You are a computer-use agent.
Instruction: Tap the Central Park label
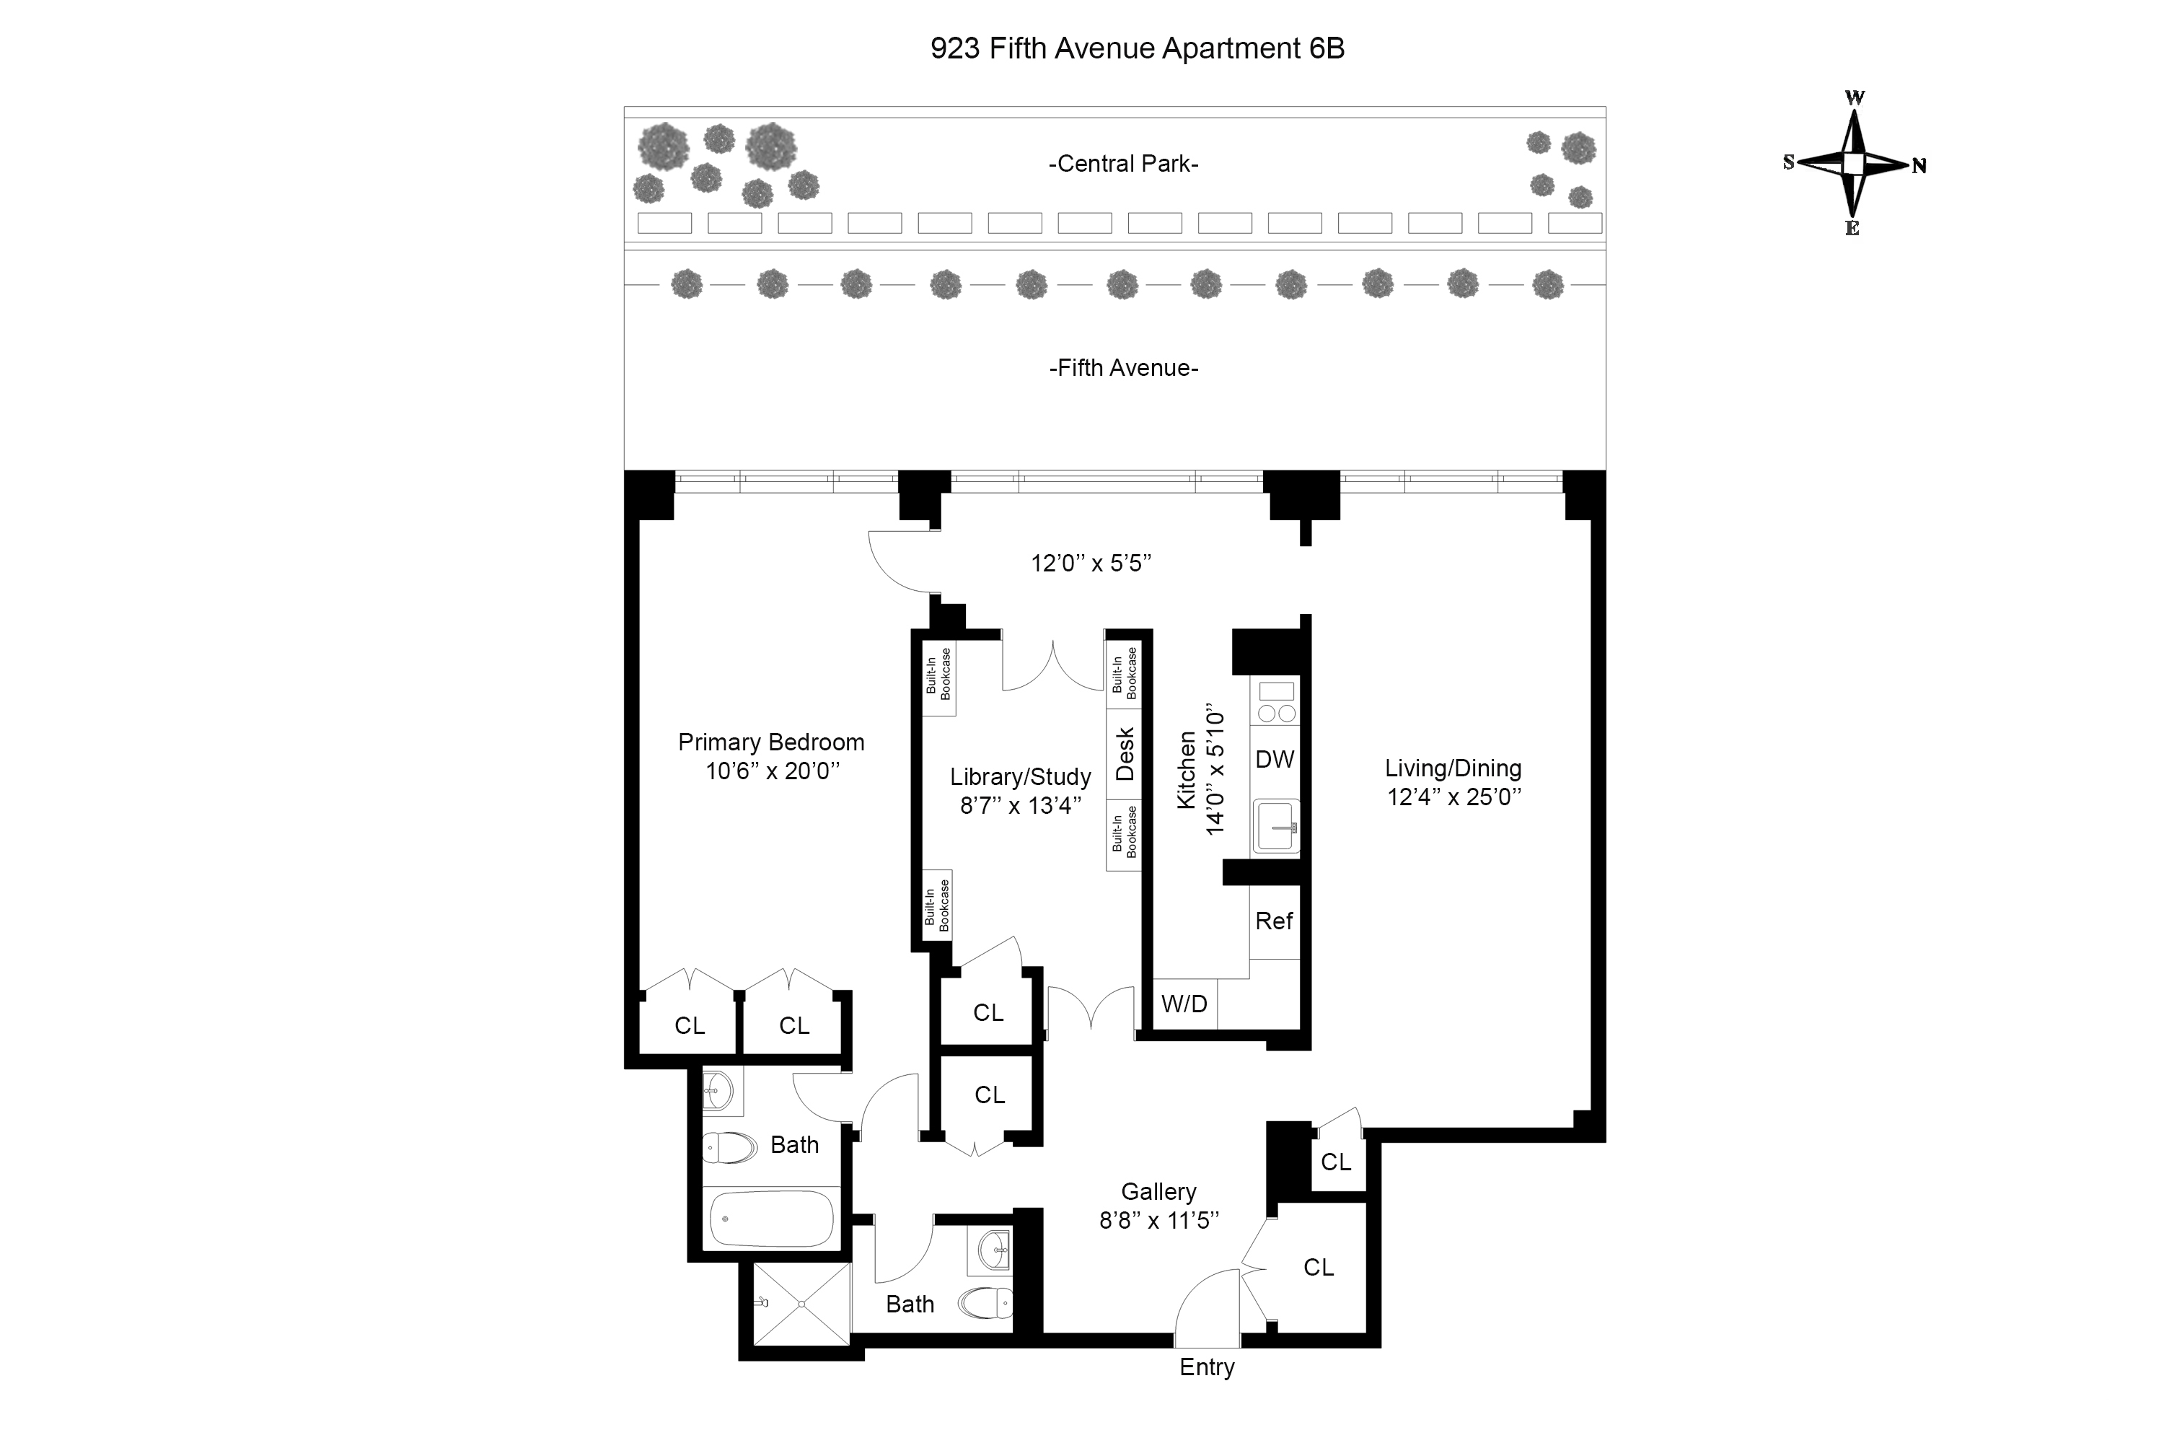pyautogui.click(x=1123, y=164)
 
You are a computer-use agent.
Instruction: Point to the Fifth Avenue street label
pyautogui.click(x=1123, y=368)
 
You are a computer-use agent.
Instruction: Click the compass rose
pyautogui.click(x=1853, y=164)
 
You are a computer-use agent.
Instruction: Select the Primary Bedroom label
pyautogui.click(x=771, y=742)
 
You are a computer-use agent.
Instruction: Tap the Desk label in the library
pyautogui.click(x=1125, y=754)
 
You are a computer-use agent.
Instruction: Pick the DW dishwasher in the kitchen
pyautogui.click(x=1275, y=759)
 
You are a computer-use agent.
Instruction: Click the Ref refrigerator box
pyautogui.click(x=1275, y=921)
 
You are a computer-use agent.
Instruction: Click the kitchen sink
pyautogui.click(x=1276, y=826)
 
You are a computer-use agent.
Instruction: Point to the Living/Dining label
pyautogui.click(x=1453, y=768)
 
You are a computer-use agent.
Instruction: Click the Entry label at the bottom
pyautogui.click(x=1206, y=1367)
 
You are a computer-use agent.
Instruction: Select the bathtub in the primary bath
pyautogui.click(x=772, y=1219)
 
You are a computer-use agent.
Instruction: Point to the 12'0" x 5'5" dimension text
pyautogui.click(x=1091, y=563)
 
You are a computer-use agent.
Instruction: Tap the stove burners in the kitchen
pyautogui.click(x=1276, y=712)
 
